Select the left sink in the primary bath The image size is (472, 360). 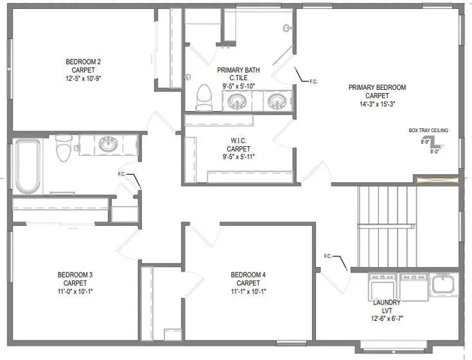click(238, 100)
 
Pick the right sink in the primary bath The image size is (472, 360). click(276, 100)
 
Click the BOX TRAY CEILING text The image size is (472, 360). click(428, 130)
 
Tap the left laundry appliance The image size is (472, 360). click(381, 286)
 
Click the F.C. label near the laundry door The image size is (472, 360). click(328, 256)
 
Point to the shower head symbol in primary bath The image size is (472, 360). click(286, 27)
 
